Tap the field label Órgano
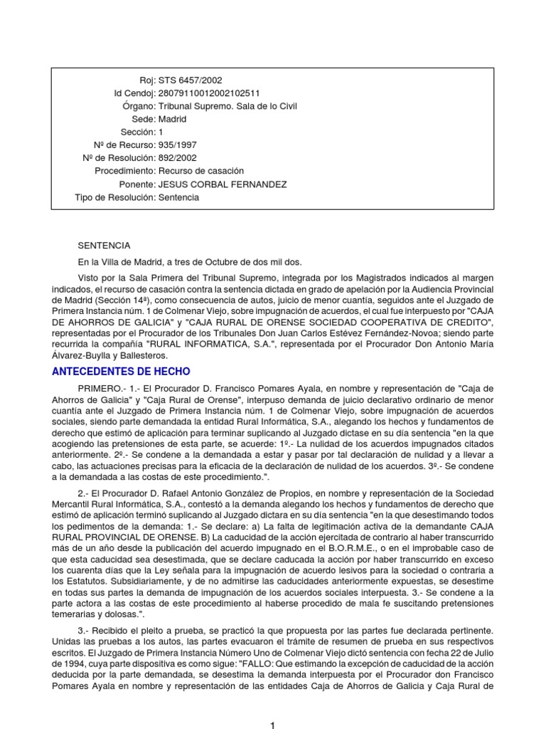pos(139,106)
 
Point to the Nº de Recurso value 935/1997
pos(178,145)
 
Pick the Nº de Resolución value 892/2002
pos(178,158)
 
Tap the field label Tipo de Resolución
pos(115,197)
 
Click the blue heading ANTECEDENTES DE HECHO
pos(121,371)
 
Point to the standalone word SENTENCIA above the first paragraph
pos(105,246)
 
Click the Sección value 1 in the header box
pos(161,132)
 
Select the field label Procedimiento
pos(125,172)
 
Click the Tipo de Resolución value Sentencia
pos(178,197)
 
